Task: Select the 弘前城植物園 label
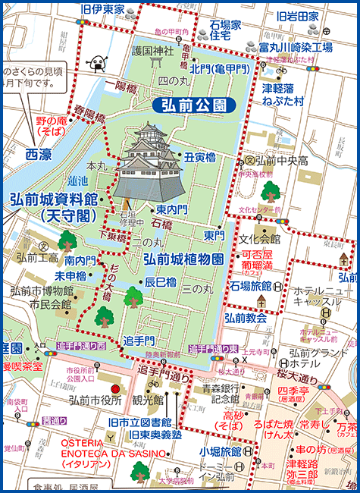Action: click(x=183, y=259)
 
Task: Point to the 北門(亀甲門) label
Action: click(x=221, y=69)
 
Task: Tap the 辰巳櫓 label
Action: click(x=160, y=282)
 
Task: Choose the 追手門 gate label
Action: click(x=139, y=340)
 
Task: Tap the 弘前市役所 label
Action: click(x=95, y=400)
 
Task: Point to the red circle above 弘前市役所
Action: click(x=115, y=388)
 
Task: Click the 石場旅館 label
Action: click(x=250, y=287)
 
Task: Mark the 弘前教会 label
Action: click(x=246, y=317)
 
